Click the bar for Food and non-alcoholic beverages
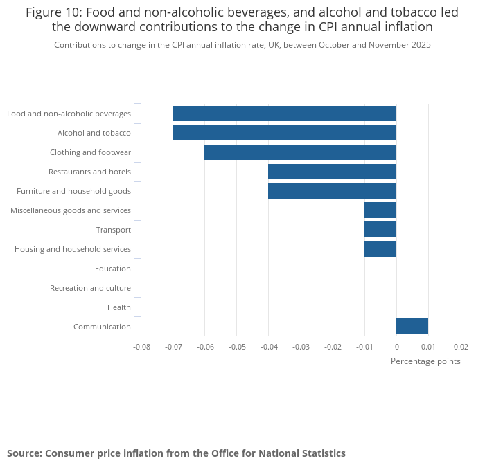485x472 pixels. (x=284, y=114)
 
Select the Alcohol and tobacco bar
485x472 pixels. (x=284, y=133)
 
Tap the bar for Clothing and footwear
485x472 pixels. (x=300, y=152)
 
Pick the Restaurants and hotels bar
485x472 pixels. (x=332, y=172)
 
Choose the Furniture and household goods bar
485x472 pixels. (x=332, y=191)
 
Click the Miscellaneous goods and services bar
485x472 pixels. (x=380, y=210)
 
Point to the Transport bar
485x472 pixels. (x=380, y=230)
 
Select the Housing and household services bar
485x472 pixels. (x=380, y=249)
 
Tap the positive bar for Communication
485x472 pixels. (x=412, y=326)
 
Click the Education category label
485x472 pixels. (x=112, y=269)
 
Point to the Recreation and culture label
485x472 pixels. (x=90, y=288)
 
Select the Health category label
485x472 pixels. (x=118, y=307)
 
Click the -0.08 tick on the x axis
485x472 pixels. (x=141, y=346)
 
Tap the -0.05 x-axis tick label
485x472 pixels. (x=237, y=346)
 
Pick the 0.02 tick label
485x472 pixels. (x=461, y=346)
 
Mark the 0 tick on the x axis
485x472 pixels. (x=396, y=346)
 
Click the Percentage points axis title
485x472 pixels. (x=425, y=361)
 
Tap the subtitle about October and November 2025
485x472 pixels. (x=242, y=45)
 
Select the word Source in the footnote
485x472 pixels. (x=24, y=453)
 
